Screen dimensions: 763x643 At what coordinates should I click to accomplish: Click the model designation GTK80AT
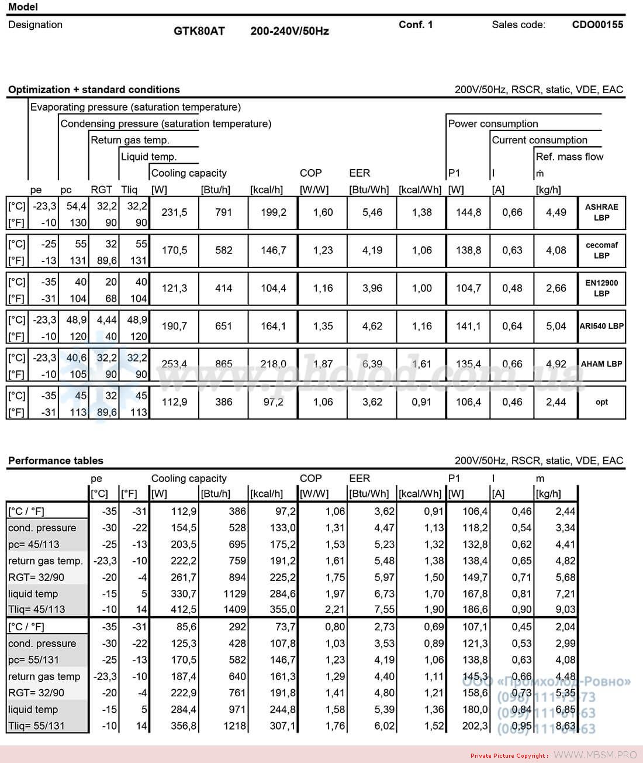[199, 31]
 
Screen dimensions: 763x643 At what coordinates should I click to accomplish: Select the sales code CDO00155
[597, 25]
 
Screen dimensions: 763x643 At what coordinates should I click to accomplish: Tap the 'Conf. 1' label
[416, 25]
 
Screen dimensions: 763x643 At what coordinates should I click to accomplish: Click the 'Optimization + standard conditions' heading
[94, 90]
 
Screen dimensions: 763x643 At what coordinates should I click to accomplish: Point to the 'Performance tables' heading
[56, 460]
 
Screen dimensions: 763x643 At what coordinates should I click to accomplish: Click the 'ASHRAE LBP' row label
[601, 212]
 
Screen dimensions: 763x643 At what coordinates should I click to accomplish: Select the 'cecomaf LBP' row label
[601, 250]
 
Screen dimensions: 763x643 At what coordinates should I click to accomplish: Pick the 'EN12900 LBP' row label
[601, 288]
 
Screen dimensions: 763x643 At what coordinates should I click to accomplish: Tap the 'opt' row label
[601, 402]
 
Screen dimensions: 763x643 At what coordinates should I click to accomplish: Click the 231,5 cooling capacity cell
[174, 212]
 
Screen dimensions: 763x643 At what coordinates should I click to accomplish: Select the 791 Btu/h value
[223, 212]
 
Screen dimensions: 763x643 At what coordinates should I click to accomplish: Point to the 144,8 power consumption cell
[468, 212]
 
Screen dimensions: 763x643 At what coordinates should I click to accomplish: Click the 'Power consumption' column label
[493, 123]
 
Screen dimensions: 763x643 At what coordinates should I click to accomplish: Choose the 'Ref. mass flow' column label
[569, 156]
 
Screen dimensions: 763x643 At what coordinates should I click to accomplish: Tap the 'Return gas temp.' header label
[130, 140]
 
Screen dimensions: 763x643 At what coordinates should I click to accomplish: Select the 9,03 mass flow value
[564, 609]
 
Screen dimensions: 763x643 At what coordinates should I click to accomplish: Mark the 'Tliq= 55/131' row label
[36, 726]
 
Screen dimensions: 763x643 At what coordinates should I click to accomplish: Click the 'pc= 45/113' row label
[34, 544]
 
